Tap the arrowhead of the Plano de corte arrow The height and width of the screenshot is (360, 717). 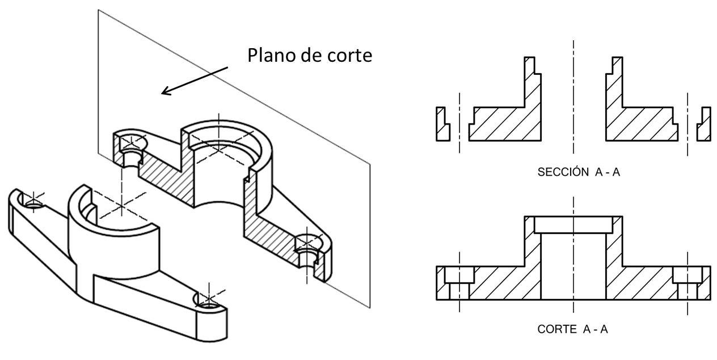point(164,91)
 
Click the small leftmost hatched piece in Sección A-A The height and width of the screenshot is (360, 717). point(442,124)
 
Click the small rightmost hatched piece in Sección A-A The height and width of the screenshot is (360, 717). point(703,124)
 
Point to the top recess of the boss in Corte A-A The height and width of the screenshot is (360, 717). point(573,225)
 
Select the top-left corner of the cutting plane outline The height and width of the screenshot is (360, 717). point(98,10)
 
